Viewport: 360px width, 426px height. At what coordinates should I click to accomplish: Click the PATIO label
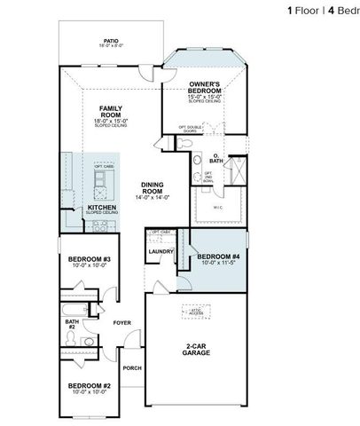pos(111,40)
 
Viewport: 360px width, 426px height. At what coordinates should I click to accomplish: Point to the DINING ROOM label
pos(154,188)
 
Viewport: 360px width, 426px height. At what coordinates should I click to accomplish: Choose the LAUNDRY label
pos(160,251)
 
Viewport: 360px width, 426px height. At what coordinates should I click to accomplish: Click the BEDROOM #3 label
pos(89,259)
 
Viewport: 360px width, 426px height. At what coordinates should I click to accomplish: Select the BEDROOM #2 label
pos(88,385)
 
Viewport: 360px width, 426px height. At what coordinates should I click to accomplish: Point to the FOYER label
pos(122,323)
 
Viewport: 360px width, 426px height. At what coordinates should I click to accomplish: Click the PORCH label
pos(132,367)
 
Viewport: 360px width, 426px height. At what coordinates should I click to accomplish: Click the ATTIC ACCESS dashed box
pos(196,312)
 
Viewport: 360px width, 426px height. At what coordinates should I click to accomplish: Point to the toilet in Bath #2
pos(89,341)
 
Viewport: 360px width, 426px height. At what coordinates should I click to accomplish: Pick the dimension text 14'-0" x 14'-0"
pos(154,197)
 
